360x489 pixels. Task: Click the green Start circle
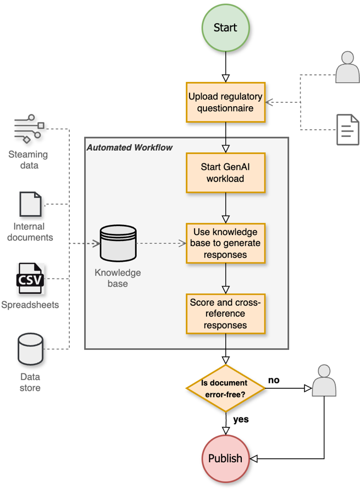(x=225, y=28)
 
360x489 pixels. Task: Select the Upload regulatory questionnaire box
(x=225, y=102)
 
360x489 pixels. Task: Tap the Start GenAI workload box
(x=225, y=173)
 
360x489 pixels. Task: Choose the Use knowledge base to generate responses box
(x=225, y=243)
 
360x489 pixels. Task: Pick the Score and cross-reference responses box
(x=225, y=314)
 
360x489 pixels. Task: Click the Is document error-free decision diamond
(x=225, y=388)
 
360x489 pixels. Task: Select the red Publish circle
(x=225, y=458)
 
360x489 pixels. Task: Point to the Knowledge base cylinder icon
(x=118, y=243)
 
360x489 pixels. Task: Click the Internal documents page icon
(x=30, y=204)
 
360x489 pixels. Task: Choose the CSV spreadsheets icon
(x=30, y=279)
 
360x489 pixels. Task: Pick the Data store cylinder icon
(x=30, y=350)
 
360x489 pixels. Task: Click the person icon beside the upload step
(x=347, y=67)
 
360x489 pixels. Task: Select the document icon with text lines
(x=347, y=130)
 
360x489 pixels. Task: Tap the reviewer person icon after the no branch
(x=324, y=381)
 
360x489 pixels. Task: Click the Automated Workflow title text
(x=130, y=147)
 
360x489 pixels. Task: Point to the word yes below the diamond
(x=241, y=420)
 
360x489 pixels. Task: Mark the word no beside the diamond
(x=274, y=380)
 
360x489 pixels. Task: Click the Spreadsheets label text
(x=30, y=305)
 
